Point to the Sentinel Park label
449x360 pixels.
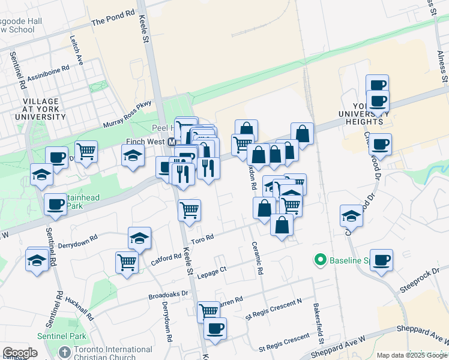pos(61,337)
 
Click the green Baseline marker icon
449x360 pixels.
pos(320,260)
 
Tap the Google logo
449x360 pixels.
pos(20,353)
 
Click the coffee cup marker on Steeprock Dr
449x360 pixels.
pos(381,260)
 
